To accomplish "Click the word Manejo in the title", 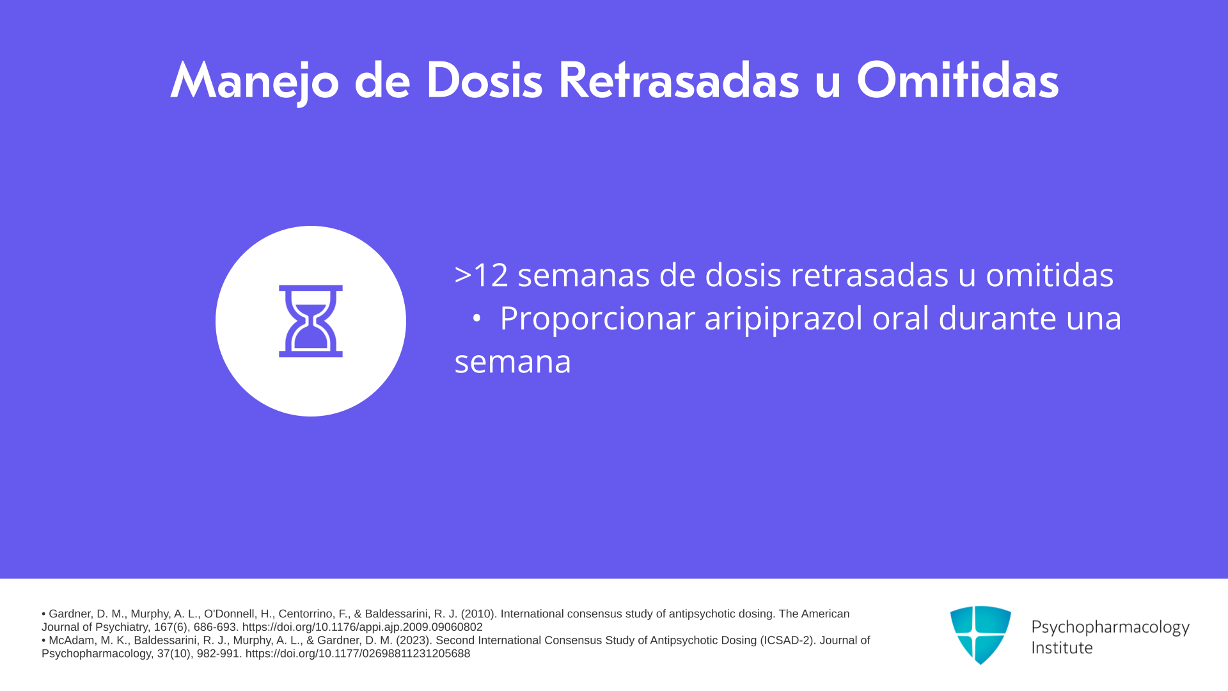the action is pyautogui.click(x=255, y=82).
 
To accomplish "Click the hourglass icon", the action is pyautogui.click(x=311, y=321).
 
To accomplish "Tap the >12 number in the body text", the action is pyautogui.click(x=481, y=275).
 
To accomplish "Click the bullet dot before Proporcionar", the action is pyautogui.click(x=476, y=318).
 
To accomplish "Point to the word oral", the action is pyautogui.click(x=901, y=318).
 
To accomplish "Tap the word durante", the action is pyautogui.click(x=997, y=318).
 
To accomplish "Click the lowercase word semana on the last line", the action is pyautogui.click(x=512, y=363).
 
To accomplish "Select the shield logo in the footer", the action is pyautogui.click(x=980, y=635).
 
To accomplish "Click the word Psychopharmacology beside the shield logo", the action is pyautogui.click(x=1110, y=627).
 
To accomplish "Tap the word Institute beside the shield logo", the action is pyautogui.click(x=1062, y=647).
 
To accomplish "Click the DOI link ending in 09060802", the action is pyautogui.click(x=362, y=627).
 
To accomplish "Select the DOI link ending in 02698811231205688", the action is pyautogui.click(x=358, y=653).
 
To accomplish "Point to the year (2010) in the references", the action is pyautogui.click(x=478, y=614).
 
